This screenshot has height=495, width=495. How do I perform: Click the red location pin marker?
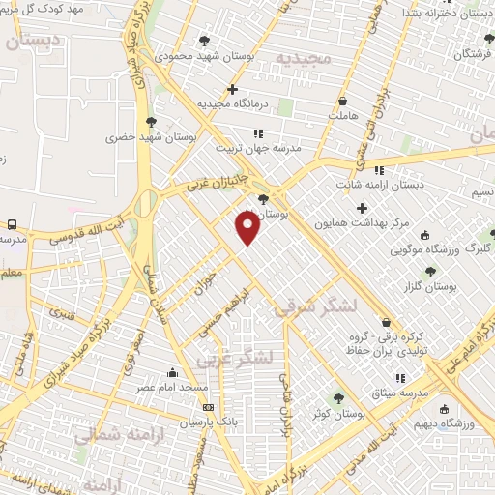click(247, 228)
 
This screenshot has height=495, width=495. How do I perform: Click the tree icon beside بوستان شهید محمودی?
click(204, 41)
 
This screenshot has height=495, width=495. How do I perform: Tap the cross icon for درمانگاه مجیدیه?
click(233, 89)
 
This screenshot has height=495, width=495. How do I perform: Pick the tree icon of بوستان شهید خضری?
click(150, 122)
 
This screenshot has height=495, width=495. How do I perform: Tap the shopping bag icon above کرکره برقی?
click(388, 323)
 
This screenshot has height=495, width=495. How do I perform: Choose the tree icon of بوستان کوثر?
click(338, 398)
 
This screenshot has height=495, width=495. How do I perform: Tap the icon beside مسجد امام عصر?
click(173, 372)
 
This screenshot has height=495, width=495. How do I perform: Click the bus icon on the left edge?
click(10, 224)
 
